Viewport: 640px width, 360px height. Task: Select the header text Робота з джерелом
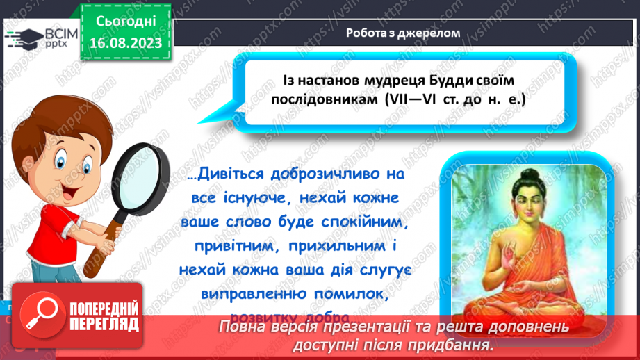coord(403,32)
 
